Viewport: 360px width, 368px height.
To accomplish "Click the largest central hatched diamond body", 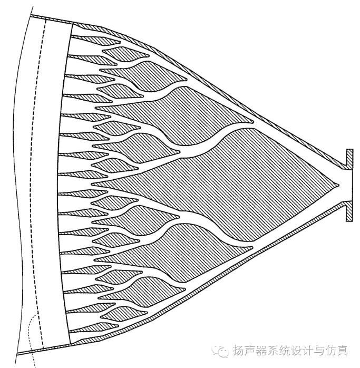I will pos(248,174).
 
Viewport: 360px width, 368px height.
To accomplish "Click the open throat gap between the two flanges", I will pos(348,185).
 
